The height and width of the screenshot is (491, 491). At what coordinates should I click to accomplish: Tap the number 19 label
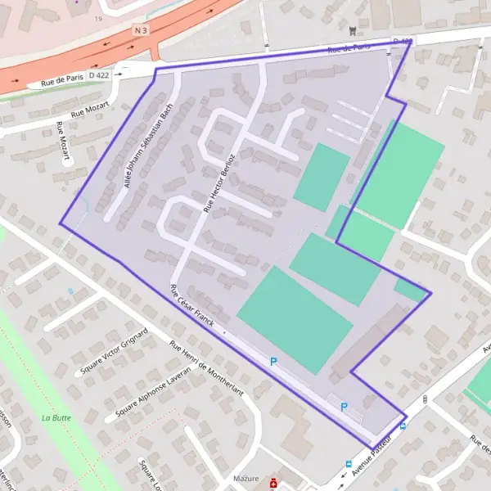(x=98, y=18)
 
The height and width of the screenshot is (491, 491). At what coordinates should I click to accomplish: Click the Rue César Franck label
(x=191, y=306)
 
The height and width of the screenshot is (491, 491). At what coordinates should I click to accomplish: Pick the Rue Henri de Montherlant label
(x=206, y=368)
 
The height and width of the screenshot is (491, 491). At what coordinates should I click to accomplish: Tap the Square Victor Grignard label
(x=114, y=354)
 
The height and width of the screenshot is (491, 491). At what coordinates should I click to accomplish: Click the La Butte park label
(x=54, y=417)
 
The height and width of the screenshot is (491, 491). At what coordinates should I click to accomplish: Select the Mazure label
(x=245, y=479)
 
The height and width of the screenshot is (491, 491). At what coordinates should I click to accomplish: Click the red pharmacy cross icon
(x=273, y=484)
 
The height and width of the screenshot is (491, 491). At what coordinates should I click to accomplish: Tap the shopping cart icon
(x=352, y=29)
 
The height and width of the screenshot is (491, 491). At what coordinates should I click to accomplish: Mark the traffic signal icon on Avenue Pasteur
(x=425, y=399)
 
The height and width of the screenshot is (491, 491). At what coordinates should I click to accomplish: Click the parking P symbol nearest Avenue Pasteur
(x=345, y=407)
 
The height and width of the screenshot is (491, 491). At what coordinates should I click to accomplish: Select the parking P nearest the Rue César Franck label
(x=274, y=360)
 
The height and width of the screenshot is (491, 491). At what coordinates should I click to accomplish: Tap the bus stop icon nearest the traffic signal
(x=403, y=426)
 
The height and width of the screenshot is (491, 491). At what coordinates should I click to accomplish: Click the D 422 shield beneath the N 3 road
(x=98, y=75)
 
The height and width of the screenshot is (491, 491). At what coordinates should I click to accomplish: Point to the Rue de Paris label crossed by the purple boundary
(x=346, y=49)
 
